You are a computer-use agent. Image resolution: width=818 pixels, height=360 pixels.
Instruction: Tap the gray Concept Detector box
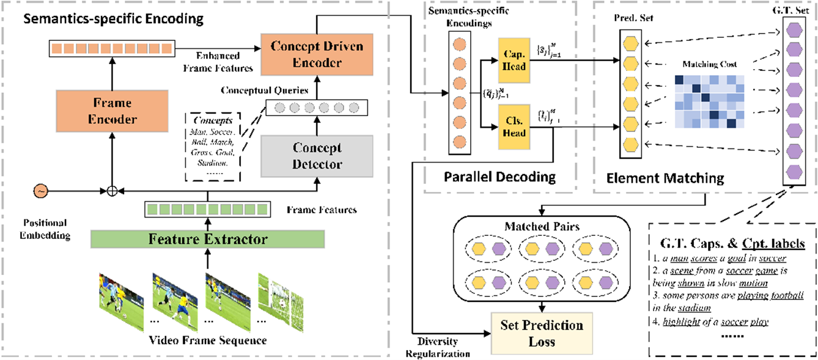[318, 156]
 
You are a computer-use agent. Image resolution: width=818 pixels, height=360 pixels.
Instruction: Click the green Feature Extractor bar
[208, 238]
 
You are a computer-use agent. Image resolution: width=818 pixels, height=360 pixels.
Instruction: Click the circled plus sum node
[112, 191]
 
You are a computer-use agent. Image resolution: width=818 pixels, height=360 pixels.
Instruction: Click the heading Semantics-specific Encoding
[113, 19]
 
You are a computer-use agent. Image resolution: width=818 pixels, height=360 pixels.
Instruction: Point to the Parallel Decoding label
[500, 178]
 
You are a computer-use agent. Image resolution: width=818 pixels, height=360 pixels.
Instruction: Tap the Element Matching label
[665, 178]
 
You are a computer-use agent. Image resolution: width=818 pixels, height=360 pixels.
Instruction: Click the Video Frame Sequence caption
[208, 340]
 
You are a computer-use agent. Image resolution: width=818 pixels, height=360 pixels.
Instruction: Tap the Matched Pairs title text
[542, 227]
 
